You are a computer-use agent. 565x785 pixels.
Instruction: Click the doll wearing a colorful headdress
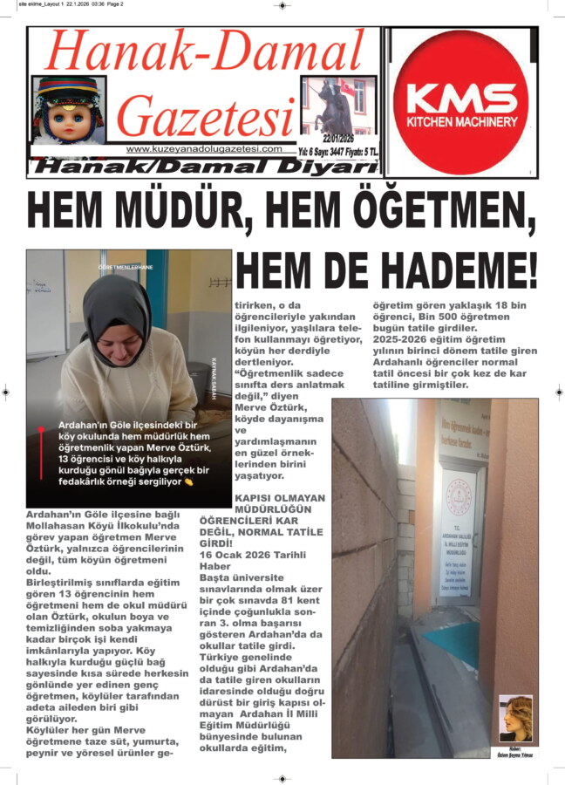[69, 111]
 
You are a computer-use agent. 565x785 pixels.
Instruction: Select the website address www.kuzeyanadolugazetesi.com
[204, 149]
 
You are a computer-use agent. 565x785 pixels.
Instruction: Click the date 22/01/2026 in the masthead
[340, 139]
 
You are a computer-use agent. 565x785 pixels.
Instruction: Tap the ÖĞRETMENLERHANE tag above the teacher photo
[128, 265]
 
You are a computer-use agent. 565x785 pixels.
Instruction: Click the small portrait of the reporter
[515, 718]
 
